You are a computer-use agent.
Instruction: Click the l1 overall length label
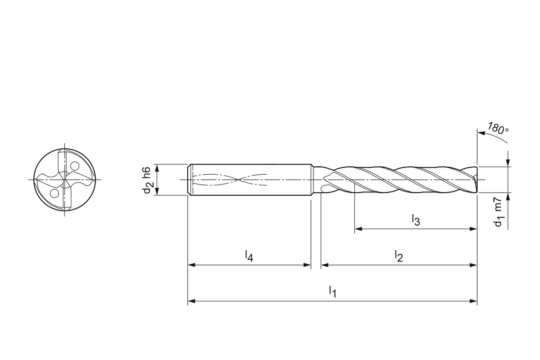332,291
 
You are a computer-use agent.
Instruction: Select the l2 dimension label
399,255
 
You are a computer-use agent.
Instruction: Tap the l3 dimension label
416,219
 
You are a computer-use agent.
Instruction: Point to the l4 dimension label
249,255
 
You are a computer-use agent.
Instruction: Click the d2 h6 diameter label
146,180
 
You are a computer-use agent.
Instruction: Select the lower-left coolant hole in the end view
54,193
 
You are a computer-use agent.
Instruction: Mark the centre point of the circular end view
65,180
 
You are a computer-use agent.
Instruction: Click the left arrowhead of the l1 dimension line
191,301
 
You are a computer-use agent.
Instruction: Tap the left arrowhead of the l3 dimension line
358,229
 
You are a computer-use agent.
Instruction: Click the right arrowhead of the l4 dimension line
308,265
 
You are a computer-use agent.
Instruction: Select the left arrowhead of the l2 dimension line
324,265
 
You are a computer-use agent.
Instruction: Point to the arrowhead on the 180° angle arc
481,133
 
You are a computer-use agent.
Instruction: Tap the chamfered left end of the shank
189,180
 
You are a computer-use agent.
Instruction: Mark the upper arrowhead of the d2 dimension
157,168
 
